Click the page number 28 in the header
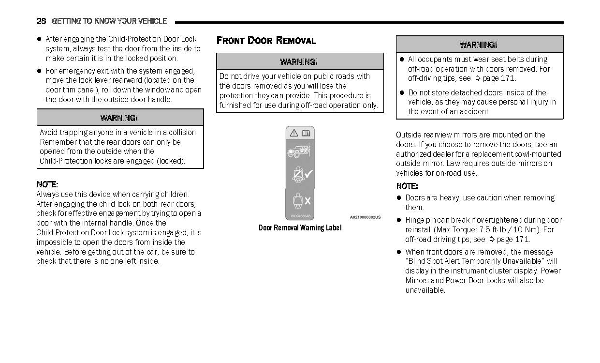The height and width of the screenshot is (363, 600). tap(41, 21)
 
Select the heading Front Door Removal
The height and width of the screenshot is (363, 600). tap(266, 41)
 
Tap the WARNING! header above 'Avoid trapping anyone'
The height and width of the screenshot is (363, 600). tap(119, 118)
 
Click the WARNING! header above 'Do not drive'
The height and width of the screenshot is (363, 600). tap(299, 61)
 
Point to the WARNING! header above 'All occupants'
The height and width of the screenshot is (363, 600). tap(479, 45)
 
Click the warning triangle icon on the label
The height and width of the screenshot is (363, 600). tap(293, 133)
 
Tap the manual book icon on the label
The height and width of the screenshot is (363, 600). tap(306, 133)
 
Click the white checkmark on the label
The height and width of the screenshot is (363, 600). tap(308, 174)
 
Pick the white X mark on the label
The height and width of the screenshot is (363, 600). tap(307, 200)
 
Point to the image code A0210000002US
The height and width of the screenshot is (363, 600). tap(365, 217)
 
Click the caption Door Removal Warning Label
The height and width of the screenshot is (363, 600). tap(300, 228)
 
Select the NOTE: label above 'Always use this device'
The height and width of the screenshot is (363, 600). tap(47, 184)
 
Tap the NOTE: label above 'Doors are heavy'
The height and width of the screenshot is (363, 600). tap(407, 186)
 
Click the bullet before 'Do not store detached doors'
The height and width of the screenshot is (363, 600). tap(401, 93)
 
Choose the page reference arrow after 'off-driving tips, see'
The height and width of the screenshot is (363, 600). tap(478, 78)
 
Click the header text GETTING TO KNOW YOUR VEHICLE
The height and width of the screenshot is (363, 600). tap(109, 21)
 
